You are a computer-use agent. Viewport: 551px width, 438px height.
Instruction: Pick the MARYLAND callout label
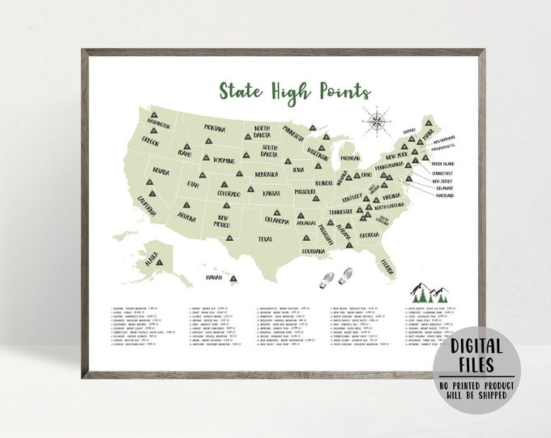[442, 195]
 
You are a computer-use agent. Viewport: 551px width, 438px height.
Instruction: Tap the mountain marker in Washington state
[152, 115]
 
